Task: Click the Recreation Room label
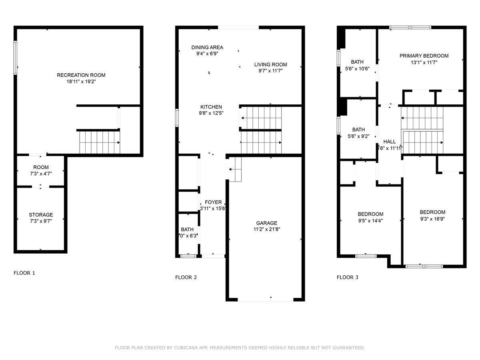(x=81, y=75)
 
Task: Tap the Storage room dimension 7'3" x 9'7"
(x=41, y=221)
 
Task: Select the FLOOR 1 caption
(x=24, y=273)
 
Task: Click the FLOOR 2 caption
(x=186, y=277)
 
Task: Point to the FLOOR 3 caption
(x=348, y=277)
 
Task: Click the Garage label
(x=267, y=223)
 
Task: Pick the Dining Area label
(x=207, y=47)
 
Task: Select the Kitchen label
(x=211, y=107)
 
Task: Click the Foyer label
(x=213, y=202)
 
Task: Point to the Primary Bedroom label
(x=424, y=56)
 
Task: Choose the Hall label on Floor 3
(x=390, y=142)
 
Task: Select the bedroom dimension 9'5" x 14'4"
(x=370, y=220)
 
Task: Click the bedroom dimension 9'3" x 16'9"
(x=432, y=219)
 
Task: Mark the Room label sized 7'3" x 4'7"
(x=41, y=167)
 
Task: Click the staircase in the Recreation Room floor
(x=100, y=142)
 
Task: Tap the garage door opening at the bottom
(x=266, y=300)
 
